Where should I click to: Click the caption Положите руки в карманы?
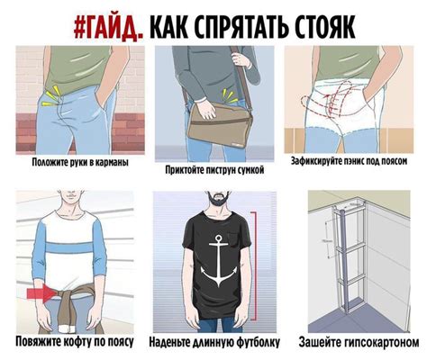click(78, 165)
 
